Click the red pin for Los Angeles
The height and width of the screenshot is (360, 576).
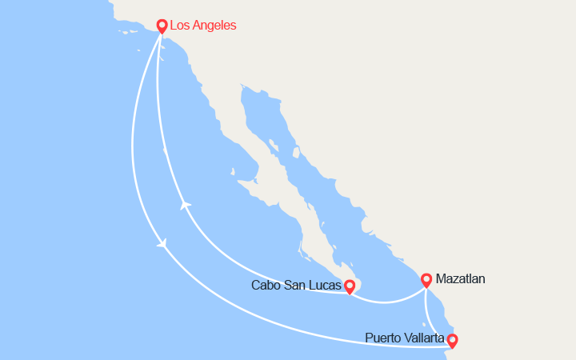pos(162,26)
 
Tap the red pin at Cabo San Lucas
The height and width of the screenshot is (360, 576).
pos(350,286)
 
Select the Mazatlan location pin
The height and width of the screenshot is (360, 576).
pos(426,279)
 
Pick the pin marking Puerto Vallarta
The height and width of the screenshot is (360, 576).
pos(452,340)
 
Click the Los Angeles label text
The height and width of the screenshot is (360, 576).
pos(203,26)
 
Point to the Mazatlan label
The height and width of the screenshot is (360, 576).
pos(460,279)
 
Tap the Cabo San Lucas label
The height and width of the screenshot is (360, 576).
pos(294,286)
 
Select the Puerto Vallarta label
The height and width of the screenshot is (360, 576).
pos(404,338)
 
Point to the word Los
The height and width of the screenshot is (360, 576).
pos(181,26)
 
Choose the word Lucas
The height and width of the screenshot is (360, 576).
pos(323,286)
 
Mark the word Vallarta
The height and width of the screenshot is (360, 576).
pos(425,338)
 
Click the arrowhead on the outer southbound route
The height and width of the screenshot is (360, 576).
pos(164,243)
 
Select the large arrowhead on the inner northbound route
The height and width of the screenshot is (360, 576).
pos(186,206)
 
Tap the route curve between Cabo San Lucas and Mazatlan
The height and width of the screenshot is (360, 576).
pos(388,302)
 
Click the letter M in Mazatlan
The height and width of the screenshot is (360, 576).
pos(441,279)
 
